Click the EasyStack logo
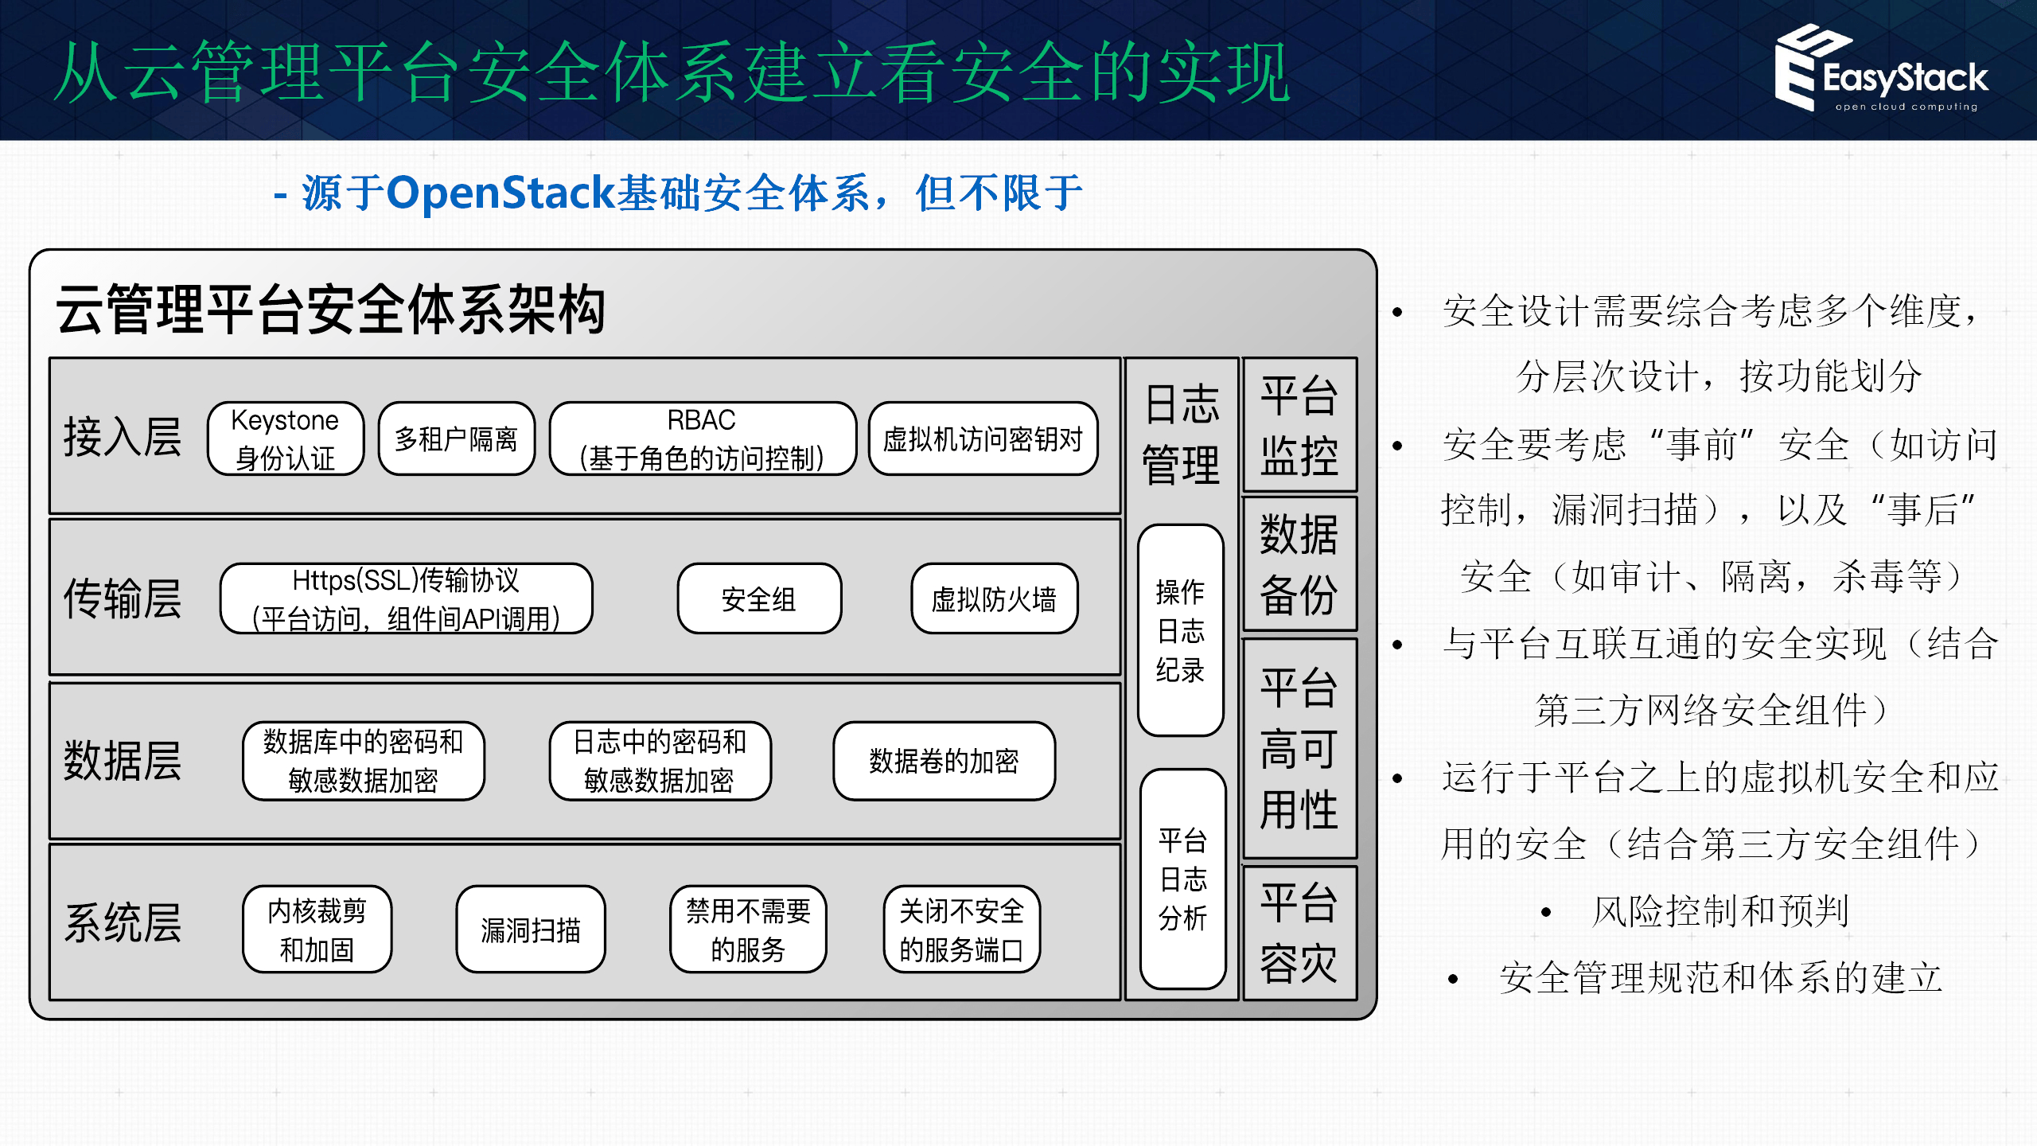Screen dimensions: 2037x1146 tap(1882, 70)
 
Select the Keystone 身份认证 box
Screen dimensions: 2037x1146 tap(286, 439)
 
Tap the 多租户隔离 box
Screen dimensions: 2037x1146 tap(457, 439)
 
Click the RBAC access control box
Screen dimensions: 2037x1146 tap(702, 439)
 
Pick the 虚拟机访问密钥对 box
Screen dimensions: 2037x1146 tap(983, 439)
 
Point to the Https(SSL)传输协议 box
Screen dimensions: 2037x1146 tap(406, 598)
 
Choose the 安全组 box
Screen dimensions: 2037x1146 tap(759, 598)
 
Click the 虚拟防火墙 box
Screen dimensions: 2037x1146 tap(994, 598)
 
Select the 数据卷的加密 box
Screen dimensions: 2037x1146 tap(944, 761)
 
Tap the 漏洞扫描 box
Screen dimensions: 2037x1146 tap(531, 929)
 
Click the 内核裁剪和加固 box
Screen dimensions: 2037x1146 tap(317, 929)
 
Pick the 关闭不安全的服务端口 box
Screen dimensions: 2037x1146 tap(961, 929)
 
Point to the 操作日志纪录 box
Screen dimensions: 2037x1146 tap(1180, 630)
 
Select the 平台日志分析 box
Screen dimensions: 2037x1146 tap(1182, 879)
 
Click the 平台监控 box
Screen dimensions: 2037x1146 tap(1299, 425)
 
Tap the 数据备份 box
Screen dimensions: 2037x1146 tap(1299, 563)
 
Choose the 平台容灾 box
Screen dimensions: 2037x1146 tap(1299, 933)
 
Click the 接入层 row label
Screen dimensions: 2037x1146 tap(123, 437)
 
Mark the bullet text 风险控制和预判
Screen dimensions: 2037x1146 tap(1719, 911)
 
